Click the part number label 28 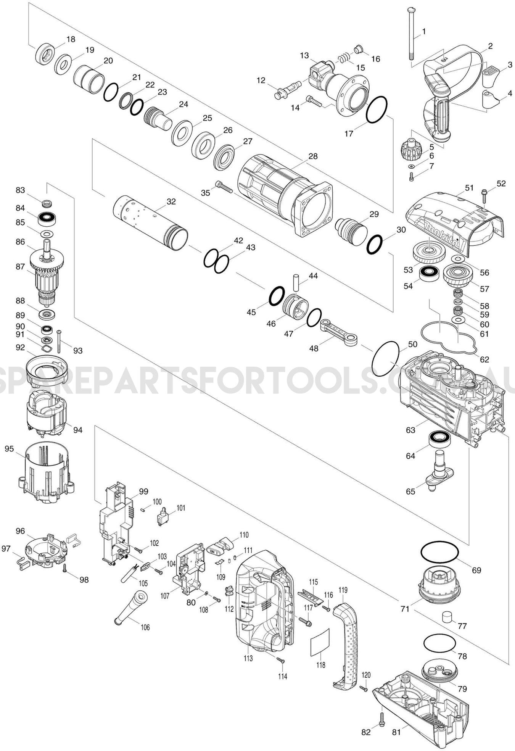(x=313, y=156)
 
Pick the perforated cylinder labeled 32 (x=151, y=223)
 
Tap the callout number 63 (x=410, y=430)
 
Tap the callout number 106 (x=145, y=627)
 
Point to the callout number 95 (x=9, y=449)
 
